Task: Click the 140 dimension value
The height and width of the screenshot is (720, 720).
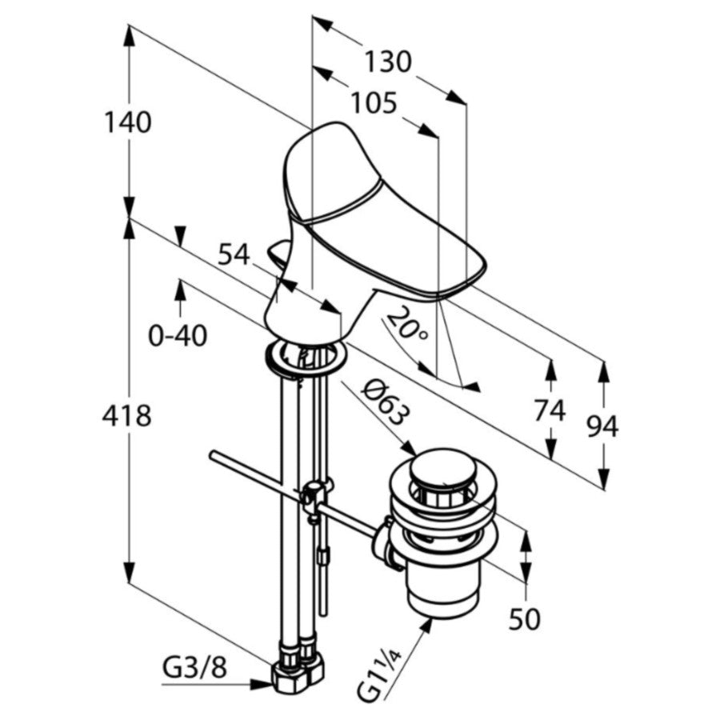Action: point(128,122)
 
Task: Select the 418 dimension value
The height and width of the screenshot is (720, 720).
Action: point(126,416)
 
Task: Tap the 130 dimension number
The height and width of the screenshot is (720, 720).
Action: point(388,62)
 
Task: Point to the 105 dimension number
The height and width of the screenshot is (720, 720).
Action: point(373,103)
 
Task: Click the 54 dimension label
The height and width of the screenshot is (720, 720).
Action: point(234,254)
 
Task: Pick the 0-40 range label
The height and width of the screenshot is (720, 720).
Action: point(178,336)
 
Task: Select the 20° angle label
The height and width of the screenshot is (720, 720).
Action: point(406,326)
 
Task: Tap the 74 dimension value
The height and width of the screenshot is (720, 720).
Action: point(549,410)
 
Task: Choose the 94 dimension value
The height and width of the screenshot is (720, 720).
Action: point(602,427)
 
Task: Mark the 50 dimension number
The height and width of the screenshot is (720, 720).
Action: point(524,619)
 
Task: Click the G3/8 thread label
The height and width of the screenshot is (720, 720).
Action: point(194,670)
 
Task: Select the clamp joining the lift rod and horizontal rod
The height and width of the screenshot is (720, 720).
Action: point(314,496)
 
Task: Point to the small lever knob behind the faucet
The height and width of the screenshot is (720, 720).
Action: point(279,254)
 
